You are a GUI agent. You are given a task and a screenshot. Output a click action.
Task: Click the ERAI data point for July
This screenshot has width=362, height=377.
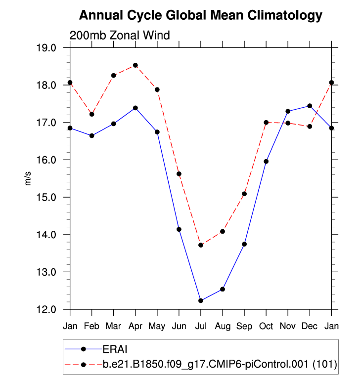click(201, 300)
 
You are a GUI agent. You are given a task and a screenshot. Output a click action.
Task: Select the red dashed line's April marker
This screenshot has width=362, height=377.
click(136, 65)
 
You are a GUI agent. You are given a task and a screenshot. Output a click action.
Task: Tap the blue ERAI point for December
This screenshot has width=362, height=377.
click(310, 106)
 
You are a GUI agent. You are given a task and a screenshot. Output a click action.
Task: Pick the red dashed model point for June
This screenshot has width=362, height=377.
click(179, 174)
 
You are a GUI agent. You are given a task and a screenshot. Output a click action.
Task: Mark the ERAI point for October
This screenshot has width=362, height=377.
click(266, 162)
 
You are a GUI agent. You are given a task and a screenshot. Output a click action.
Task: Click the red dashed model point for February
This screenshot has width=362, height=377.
click(92, 114)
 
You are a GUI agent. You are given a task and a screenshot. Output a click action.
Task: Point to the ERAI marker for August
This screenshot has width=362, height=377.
click(223, 289)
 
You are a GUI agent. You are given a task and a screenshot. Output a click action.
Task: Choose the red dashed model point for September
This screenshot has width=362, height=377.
click(244, 194)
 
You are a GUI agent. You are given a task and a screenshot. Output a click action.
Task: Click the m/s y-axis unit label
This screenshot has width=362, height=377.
click(28, 179)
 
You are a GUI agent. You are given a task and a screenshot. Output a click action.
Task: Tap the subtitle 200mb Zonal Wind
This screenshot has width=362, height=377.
click(120, 36)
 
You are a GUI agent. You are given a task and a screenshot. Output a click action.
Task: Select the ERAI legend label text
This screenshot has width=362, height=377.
click(115, 349)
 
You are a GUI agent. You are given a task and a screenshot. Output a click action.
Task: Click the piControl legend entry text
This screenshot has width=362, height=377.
click(220, 365)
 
